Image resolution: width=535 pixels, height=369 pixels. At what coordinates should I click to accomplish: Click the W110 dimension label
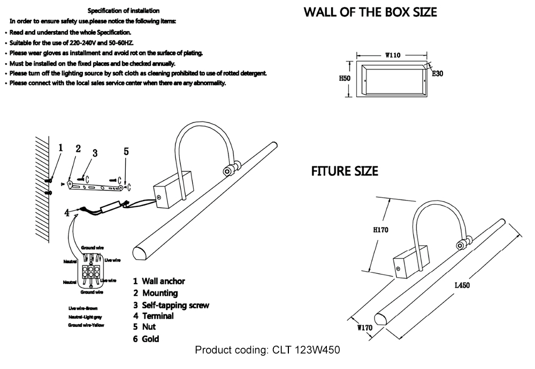[x=393, y=55]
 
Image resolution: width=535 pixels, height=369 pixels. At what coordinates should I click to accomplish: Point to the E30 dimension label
[x=438, y=74]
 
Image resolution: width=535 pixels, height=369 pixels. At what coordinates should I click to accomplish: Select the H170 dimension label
[x=380, y=230]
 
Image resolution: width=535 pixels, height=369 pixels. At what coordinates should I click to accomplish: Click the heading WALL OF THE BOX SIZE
[x=370, y=12]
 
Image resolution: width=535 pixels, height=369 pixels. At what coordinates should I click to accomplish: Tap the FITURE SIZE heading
[x=345, y=172]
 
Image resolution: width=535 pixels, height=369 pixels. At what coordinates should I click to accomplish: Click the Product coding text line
[x=267, y=350]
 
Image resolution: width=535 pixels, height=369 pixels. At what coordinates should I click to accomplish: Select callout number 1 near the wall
[x=61, y=148]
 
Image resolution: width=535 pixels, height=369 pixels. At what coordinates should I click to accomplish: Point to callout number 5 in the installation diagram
[x=126, y=152]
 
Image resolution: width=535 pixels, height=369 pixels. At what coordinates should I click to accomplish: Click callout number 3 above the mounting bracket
[x=94, y=153]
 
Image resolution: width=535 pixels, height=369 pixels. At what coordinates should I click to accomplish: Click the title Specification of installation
[x=123, y=11]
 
